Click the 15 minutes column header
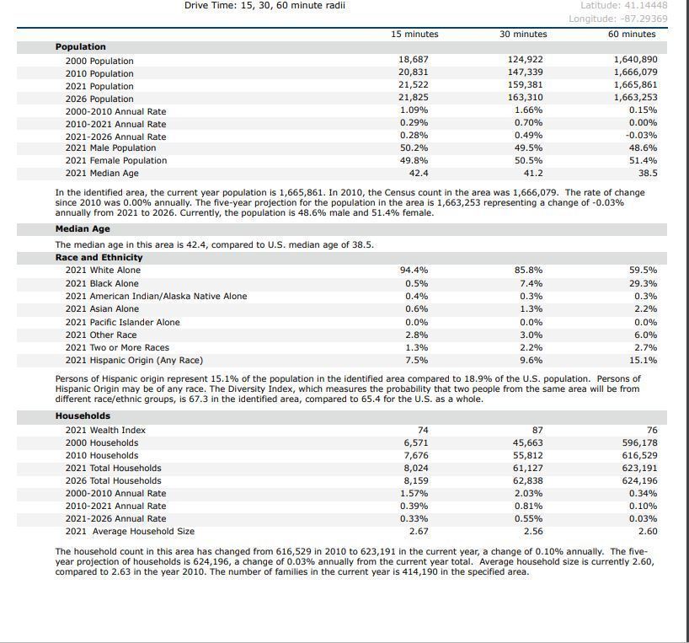click(414, 34)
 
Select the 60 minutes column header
click(631, 34)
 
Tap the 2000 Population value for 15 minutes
click(413, 60)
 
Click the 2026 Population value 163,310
click(525, 98)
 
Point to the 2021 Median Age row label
click(102, 173)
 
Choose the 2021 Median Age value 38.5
click(648, 173)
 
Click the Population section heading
click(81, 46)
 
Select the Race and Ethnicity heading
click(99, 257)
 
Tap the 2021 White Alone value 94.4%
click(413, 271)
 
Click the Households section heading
click(83, 415)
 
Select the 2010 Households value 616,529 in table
click(639, 455)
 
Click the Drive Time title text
click(264, 5)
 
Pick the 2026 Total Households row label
click(113, 480)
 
